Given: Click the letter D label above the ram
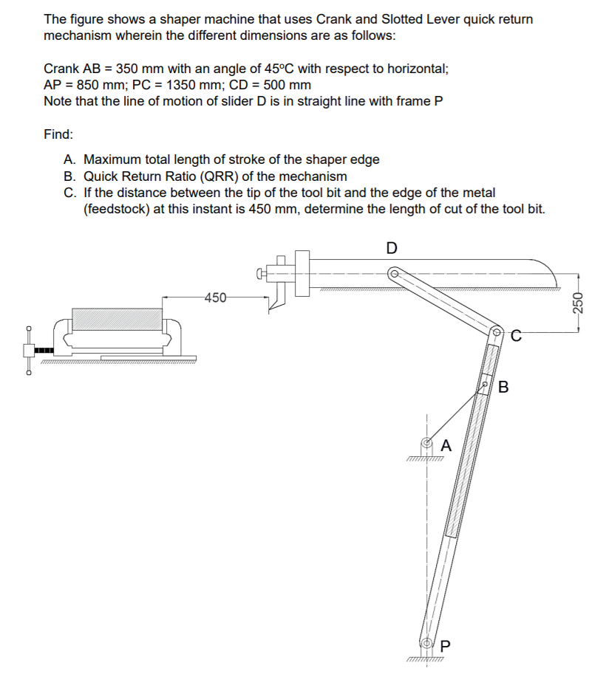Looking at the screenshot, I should tap(392, 247).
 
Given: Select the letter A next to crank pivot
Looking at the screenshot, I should tap(446, 445).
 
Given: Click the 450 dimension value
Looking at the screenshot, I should tap(215, 298).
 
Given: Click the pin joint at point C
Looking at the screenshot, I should tap(496, 332).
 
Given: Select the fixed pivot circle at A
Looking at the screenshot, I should tap(426, 445).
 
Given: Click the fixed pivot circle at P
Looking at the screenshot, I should tap(426, 642).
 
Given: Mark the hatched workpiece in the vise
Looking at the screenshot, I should tap(116, 319).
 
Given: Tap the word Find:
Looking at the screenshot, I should tap(58, 134).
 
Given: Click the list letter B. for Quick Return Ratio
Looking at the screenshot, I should tap(70, 176).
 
